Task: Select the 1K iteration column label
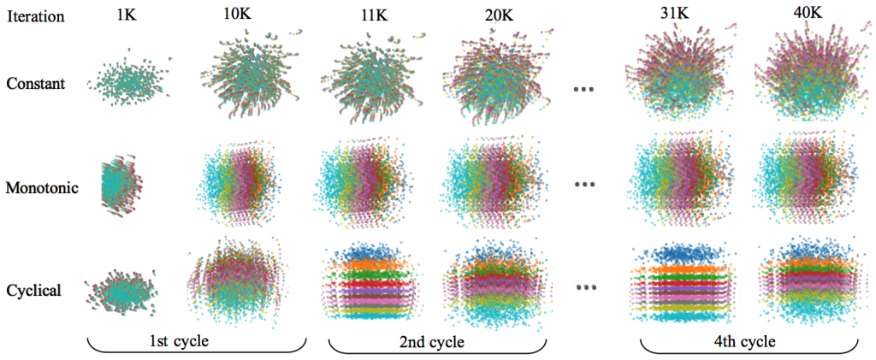click(x=126, y=15)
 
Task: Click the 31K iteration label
click(x=681, y=13)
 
